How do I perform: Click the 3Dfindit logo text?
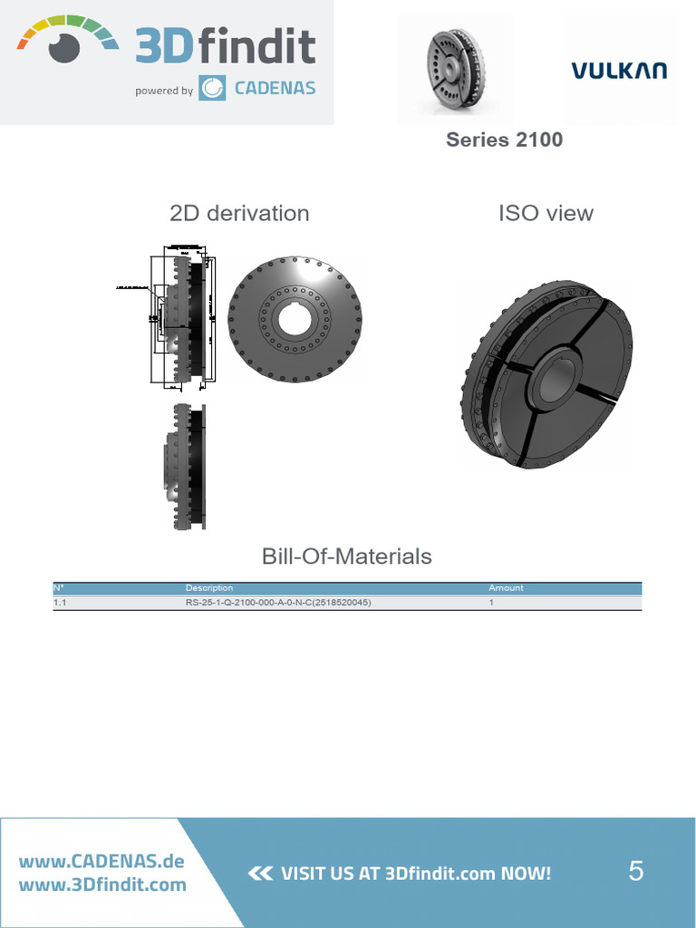tap(225, 46)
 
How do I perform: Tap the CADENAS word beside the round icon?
tap(275, 89)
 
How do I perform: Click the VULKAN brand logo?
tap(619, 70)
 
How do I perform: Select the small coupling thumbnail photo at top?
tap(456, 70)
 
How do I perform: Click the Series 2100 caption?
tap(504, 140)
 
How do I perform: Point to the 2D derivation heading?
tap(239, 213)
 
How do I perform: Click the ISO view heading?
tap(546, 213)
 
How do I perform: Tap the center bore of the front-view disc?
tap(294, 318)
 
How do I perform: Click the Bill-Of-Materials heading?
tap(347, 556)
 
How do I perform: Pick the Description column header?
tap(209, 588)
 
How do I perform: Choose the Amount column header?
tap(506, 588)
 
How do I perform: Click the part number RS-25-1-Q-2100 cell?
tap(277, 602)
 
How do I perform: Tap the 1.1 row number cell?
tap(60, 602)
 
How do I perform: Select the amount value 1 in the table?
tap(491, 602)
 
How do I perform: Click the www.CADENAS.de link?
tap(101, 861)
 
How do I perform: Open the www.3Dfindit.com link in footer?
tap(101, 884)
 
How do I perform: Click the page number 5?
tap(636, 872)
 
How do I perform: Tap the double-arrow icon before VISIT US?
tap(259, 874)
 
